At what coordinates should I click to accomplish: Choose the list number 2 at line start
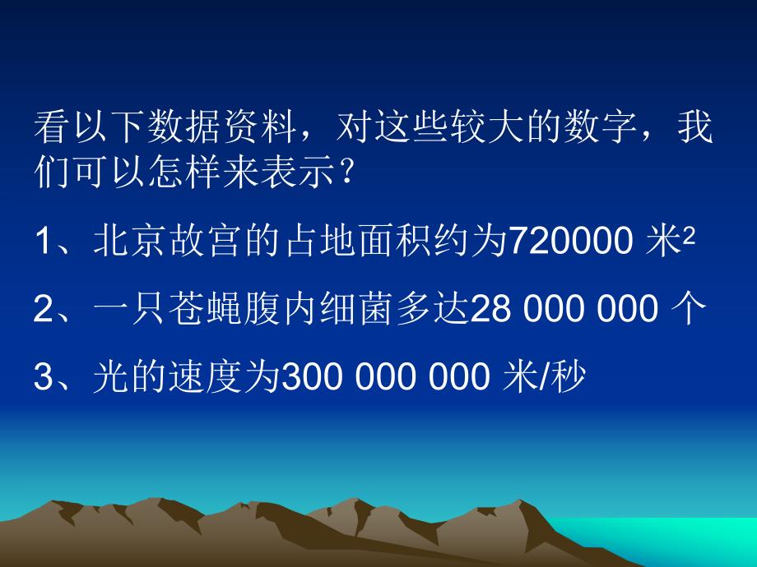pos(44,310)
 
